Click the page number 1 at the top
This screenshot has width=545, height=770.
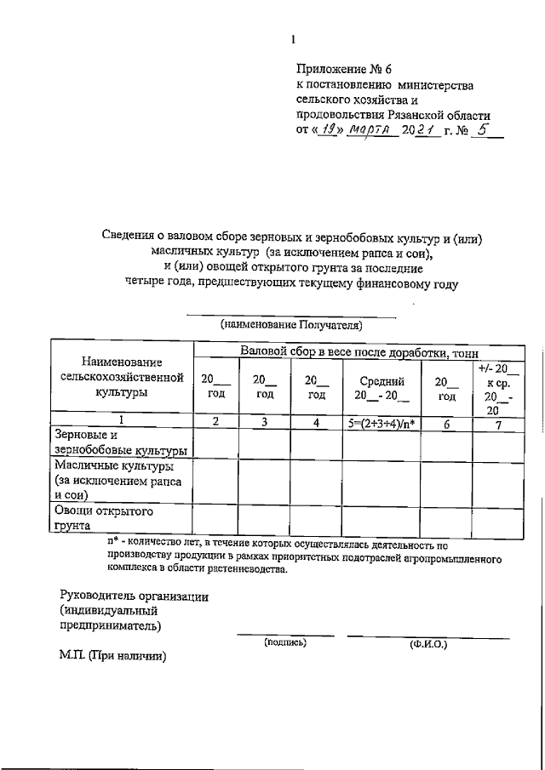click(x=292, y=38)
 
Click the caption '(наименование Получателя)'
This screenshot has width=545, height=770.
click(x=291, y=324)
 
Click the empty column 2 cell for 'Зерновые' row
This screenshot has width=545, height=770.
click(x=215, y=443)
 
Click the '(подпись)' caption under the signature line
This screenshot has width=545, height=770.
click(x=285, y=642)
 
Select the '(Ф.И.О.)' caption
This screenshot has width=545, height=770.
click(x=428, y=644)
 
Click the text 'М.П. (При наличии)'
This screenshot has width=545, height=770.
click(x=112, y=657)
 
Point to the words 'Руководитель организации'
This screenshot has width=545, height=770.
click(x=135, y=596)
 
